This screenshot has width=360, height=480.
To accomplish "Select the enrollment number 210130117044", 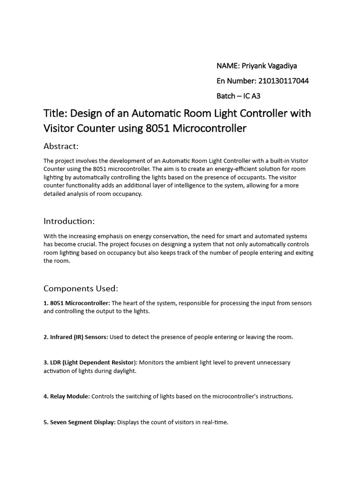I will coord(283,81).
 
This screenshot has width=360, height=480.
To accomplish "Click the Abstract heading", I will coord(61,146).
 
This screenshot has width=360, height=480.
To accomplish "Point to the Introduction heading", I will coord(69,221).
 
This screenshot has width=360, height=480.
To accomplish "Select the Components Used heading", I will coord(81,288).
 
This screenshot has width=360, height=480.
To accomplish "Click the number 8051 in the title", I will coord(157,128).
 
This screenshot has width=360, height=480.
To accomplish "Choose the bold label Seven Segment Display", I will coord(82,422).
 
